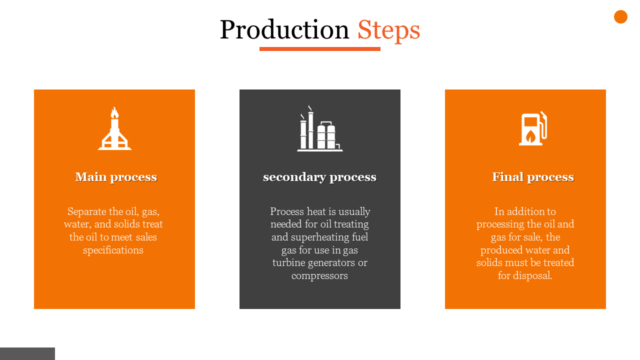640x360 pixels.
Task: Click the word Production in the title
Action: click(x=284, y=29)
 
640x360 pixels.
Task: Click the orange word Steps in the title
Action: click(x=389, y=30)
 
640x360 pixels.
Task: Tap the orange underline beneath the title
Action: click(x=319, y=49)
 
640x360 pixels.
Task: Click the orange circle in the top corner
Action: click(x=620, y=17)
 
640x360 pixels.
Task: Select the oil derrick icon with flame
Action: click(x=114, y=128)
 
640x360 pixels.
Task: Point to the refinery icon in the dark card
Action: click(x=319, y=128)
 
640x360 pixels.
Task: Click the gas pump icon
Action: click(x=533, y=128)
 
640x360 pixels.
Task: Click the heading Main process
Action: click(x=116, y=177)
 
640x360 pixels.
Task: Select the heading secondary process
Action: click(x=319, y=177)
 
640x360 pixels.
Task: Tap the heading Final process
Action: click(x=533, y=177)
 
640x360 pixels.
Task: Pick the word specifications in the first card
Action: click(x=113, y=250)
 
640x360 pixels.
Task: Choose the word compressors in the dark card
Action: click(x=319, y=276)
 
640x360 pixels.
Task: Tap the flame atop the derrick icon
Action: click(x=114, y=112)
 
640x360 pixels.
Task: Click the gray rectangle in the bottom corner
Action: click(x=27, y=353)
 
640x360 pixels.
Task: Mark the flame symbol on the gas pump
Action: click(x=530, y=136)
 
